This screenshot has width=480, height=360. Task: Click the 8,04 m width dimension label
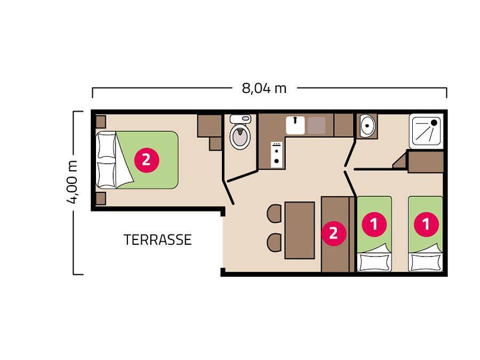264,88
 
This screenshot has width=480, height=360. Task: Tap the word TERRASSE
157,240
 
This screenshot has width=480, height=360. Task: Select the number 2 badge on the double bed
146,159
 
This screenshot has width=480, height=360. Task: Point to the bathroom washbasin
367,126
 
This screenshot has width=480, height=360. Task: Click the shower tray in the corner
426,131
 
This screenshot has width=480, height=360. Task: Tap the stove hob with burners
277,154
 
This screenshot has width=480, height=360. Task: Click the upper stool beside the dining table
275,213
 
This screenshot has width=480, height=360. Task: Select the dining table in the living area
300,229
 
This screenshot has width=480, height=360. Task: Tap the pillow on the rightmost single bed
425,262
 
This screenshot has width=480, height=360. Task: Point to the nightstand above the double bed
100,121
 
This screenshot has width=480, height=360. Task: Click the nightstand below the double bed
100,199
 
